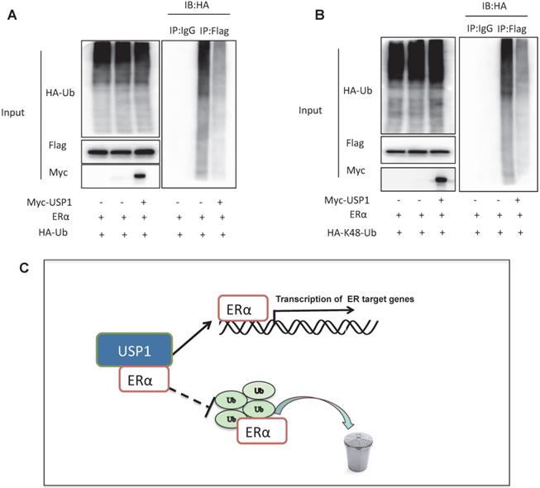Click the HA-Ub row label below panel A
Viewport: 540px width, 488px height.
[57, 235]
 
